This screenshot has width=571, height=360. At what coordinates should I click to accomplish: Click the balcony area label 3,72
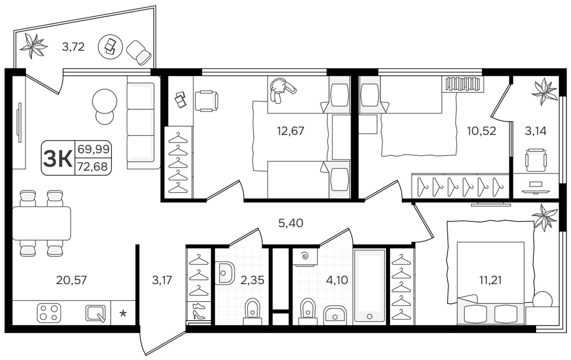73,47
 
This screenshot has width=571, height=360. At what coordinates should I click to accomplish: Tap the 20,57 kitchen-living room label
71,280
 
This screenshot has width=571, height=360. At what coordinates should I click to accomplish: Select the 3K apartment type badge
58,159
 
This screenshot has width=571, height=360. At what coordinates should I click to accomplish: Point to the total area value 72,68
93,167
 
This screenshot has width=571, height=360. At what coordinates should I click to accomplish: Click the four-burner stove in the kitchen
49,313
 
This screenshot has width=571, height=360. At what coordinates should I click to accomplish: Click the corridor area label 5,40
291,223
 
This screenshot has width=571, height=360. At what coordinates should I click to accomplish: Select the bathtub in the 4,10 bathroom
369,286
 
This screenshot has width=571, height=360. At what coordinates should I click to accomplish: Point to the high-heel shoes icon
199,312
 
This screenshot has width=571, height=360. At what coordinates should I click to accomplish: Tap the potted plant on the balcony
33,46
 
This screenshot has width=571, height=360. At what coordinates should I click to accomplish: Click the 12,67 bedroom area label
290,130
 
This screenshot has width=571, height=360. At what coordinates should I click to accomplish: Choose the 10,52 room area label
481,130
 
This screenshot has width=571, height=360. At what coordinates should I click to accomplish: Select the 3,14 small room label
536,130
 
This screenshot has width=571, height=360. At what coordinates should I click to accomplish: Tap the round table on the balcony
109,46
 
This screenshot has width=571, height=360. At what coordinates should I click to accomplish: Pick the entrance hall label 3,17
162,280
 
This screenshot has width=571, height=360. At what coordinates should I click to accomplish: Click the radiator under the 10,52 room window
463,83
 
